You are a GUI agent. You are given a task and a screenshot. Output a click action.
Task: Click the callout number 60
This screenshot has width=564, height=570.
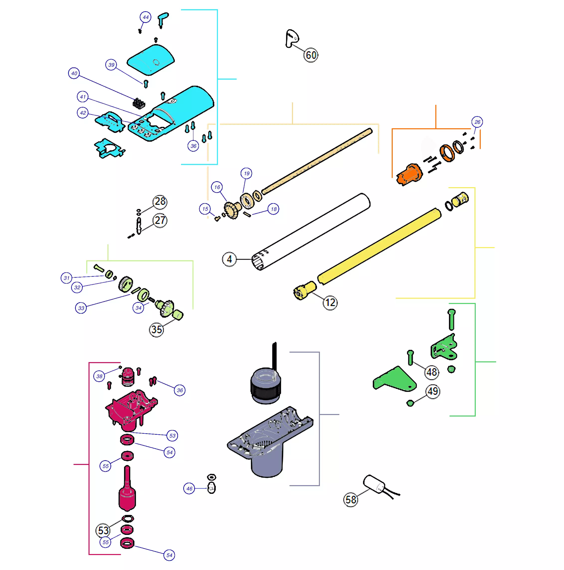click(x=311, y=55)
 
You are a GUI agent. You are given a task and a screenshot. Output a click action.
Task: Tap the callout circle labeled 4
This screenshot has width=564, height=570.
click(x=229, y=259)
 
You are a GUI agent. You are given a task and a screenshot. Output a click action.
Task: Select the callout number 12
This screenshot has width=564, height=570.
click(x=330, y=302)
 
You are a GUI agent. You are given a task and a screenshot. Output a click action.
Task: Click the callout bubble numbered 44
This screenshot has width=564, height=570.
click(x=145, y=17)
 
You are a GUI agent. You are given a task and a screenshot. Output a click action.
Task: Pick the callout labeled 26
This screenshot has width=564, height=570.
click(x=477, y=122)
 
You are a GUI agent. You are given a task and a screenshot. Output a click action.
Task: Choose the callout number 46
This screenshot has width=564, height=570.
click(x=189, y=489)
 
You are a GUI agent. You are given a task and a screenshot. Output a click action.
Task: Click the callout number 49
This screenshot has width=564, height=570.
click(x=433, y=392)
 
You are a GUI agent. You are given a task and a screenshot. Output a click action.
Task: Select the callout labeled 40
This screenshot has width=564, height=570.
click(x=74, y=73)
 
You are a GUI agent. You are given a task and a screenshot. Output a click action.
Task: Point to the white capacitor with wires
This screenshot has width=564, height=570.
click(x=375, y=484)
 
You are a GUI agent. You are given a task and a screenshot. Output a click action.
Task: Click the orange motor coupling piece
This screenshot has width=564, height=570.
click(x=409, y=175)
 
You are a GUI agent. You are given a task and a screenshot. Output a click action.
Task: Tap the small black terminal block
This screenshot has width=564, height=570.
click(x=139, y=103)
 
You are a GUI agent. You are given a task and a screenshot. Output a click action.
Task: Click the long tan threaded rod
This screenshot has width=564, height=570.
click(x=317, y=161)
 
